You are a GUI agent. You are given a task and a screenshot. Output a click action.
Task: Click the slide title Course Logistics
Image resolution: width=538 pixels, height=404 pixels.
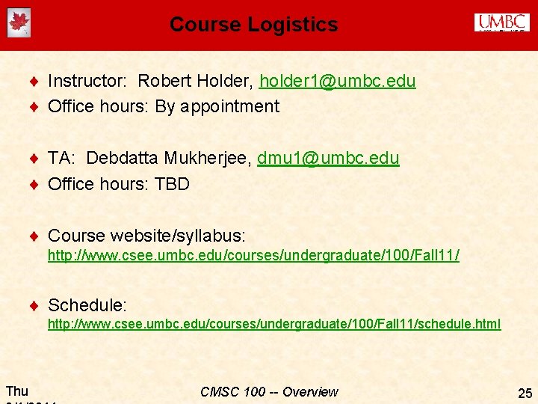tap(253, 25)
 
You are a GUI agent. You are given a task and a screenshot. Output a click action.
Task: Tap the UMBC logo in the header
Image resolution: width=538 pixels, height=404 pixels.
tap(501, 23)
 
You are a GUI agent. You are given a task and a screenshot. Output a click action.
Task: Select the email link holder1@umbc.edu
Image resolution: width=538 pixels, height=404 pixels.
tap(337, 81)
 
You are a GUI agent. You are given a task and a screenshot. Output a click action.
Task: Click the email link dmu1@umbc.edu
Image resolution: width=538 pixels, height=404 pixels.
tap(328, 158)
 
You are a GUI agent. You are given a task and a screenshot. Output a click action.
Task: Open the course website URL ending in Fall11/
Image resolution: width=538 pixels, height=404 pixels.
tap(253, 256)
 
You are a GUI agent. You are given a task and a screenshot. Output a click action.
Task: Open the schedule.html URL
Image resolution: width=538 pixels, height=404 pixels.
tap(274, 324)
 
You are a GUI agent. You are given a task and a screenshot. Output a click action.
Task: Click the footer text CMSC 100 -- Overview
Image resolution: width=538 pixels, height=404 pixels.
tap(269, 392)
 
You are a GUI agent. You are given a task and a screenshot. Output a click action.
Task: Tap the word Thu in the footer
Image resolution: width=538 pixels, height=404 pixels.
tap(17, 391)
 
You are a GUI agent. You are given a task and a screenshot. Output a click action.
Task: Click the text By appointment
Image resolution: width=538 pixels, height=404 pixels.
tap(217, 106)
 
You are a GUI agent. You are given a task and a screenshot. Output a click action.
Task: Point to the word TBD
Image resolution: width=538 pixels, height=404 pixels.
tap(172, 183)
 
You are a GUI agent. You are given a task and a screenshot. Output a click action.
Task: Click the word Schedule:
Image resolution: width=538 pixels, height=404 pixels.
tap(87, 305)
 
